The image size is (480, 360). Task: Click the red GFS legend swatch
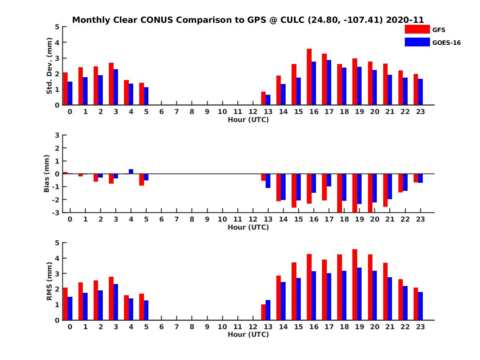[417, 29]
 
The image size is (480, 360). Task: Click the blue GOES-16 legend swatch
[417, 42]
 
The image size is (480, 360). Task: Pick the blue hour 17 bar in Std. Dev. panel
[329, 82]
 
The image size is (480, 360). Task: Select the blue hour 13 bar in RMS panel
[268, 310]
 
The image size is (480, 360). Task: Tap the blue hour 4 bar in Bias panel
[131, 171]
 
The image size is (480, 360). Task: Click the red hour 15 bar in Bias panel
[294, 190]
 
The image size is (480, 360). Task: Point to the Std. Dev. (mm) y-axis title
[50, 66]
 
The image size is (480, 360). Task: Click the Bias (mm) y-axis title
[47, 174]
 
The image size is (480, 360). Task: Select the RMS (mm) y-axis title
[50, 281]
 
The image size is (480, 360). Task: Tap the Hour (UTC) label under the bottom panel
[248, 334]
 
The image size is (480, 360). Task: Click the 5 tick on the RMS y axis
[57, 242]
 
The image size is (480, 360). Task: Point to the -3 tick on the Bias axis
[56, 212]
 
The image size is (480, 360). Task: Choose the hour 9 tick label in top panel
[207, 112]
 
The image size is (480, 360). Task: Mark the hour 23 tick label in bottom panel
[420, 327]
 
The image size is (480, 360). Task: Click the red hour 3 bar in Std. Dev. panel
[111, 84]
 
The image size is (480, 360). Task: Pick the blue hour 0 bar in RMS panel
[70, 308]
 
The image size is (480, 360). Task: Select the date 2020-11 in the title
[405, 20]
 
